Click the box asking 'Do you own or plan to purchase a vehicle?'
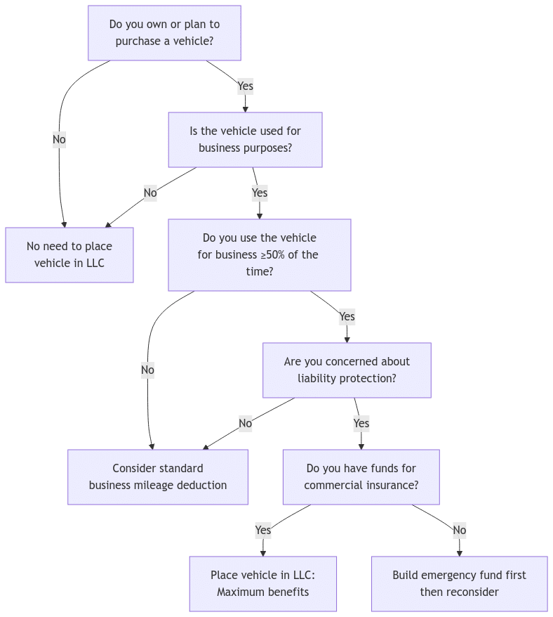[x=164, y=33]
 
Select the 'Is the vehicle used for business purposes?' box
[x=245, y=140]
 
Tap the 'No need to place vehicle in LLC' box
[x=69, y=254]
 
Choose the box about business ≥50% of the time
[x=259, y=254]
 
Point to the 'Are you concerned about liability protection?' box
[x=347, y=370]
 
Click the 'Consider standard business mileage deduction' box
[x=158, y=477]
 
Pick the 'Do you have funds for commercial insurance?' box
[x=361, y=477]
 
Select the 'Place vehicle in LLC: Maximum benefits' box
[x=262, y=584]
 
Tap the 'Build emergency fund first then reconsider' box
[x=459, y=584]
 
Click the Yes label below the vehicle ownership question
[x=245, y=86]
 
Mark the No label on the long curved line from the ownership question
[x=59, y=140]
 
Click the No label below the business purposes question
[x=150, y=193]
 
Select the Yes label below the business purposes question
[x=259, y=193]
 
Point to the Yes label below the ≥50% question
[x=347, y=316]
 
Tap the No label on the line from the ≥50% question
[x=147, y=370]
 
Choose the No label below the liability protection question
[x=245, y=423]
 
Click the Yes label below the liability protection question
[x=361, y=423]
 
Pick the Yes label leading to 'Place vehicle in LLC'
[x=262, y=530]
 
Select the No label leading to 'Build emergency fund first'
[x=459, y=530]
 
